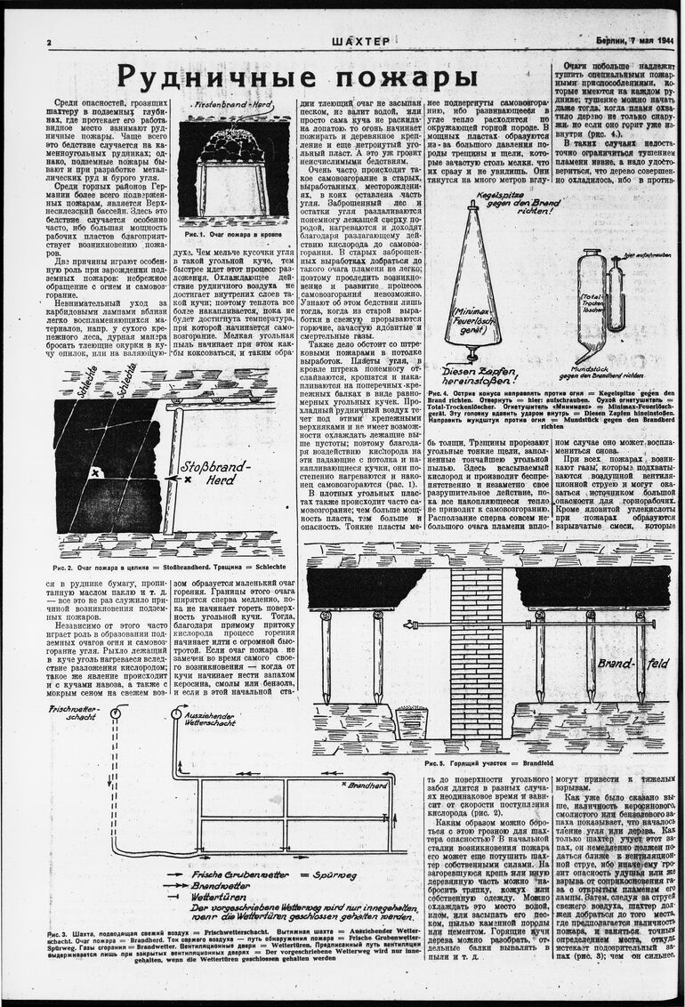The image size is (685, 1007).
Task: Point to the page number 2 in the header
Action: point(49,43)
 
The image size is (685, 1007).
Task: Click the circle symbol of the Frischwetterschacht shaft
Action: point(114,714)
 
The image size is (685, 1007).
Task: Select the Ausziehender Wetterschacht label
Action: point(214,720)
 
